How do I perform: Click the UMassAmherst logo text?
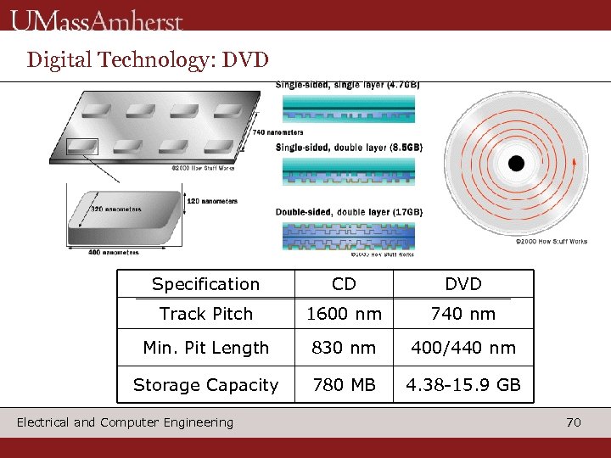97,19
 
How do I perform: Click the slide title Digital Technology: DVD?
148,59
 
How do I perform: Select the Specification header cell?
205,284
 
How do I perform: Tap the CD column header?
344,284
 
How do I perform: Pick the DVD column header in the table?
462,284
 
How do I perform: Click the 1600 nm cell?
344,314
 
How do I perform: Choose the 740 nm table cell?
462,314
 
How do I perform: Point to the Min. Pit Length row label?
205,348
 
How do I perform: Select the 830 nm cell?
344,348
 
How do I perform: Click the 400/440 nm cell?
462,348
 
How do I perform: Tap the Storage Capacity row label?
205,385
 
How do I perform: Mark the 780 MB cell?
344,385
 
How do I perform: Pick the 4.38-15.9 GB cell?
462,385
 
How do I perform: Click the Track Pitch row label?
205,314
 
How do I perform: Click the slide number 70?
574,422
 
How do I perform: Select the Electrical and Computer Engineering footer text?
125,422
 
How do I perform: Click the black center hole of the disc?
516,164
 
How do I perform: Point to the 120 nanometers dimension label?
211,201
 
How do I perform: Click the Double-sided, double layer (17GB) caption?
349,211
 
